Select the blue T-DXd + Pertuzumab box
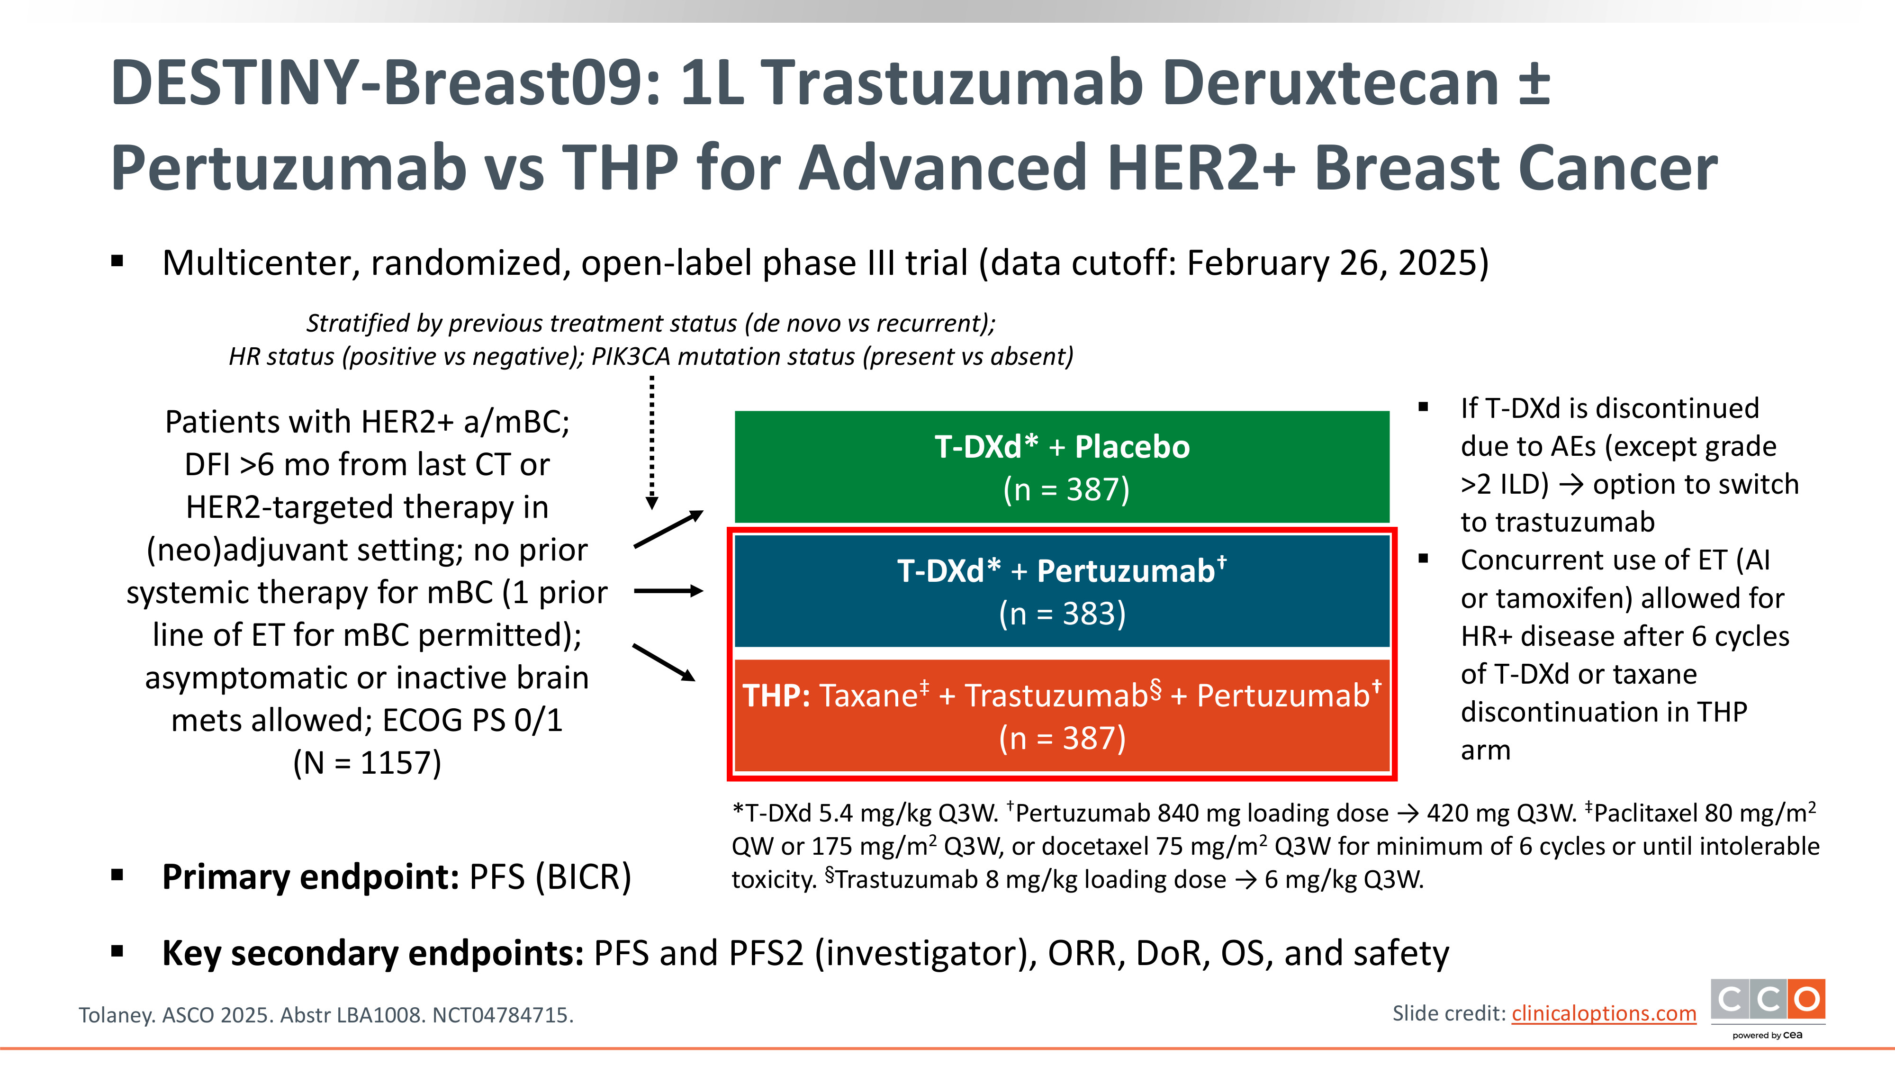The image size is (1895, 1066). [x=1062, y=591]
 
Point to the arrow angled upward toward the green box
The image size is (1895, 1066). [x=668, y=529]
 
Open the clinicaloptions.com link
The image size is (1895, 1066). [x=1604, y=1014]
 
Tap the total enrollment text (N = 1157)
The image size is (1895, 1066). [x=367, y=763]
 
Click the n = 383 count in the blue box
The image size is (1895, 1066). [x=1062, y=614]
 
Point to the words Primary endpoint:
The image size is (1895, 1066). [x=310, y=877]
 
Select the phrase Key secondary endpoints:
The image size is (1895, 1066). [x=373, y=953]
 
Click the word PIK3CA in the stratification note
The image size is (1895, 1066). [x=631, y=356]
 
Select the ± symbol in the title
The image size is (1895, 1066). [x=1534, y=82]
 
